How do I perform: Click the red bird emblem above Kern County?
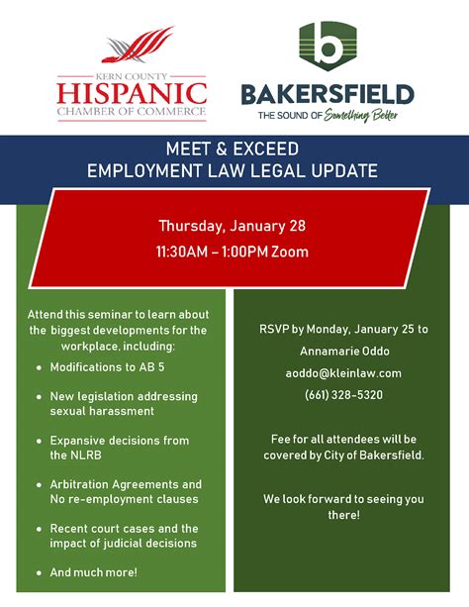pos(138,46)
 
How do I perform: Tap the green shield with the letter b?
pos(328,47)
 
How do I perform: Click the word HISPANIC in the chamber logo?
pos(132,94)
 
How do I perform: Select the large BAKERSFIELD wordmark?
pos(328,94)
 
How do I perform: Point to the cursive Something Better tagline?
pos(360,115)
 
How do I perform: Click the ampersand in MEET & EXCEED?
pos(222,150)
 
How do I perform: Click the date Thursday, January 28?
pos(233,226)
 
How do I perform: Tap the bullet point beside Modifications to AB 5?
pos(39,367)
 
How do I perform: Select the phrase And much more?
pos(94,572)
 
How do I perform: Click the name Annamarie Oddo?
pos(344,352)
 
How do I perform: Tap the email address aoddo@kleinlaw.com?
pos(343,373)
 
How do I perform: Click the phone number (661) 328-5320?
pos(343,395)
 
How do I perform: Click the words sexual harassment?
pos(102,411)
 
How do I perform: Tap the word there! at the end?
pos(344,515)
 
